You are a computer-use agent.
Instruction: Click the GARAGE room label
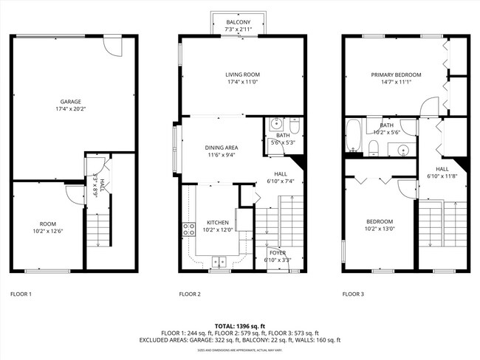(71, 102)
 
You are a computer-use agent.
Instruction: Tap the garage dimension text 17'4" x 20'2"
(71, 109)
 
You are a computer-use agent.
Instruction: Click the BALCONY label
(238, 22)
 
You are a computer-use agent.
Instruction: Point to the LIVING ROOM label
(243, 75)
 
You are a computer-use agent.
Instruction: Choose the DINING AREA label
(221, 148)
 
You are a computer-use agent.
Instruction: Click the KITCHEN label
(218, 222)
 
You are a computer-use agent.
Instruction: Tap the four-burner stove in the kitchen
(189, 229)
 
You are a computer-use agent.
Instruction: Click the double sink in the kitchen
(219, 260)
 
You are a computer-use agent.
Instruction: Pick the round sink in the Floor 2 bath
(275, 123)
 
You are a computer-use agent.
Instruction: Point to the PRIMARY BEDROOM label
(396, 75)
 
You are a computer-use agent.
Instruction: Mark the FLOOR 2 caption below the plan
(190, 294)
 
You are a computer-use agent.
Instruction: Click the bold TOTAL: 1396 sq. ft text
(240, 325)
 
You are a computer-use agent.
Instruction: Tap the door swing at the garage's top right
(112, 46)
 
